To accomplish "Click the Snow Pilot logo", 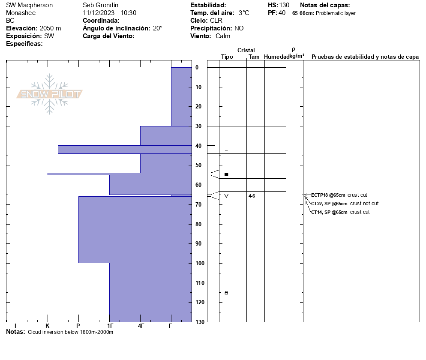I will click(x=50, y=94).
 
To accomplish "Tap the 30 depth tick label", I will click(x=199, y=126).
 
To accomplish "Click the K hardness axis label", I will click(x=48, y=326).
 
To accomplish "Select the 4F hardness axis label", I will click(x=141, y=326).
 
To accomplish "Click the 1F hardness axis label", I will click(x=110, y=326).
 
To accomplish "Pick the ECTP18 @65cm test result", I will click(x=328, y=195).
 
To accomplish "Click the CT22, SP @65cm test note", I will click(x=329, y=204).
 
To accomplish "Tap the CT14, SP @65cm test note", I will click(x=329, y=212).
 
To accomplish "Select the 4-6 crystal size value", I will click(x=252, y=196).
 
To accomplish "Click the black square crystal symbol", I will click(x=226, y=174).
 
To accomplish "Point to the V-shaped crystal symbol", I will click(x=226, y=196).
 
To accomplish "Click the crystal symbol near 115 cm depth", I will click(x=226, y=293).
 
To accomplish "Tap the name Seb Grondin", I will click(x=100, y=5).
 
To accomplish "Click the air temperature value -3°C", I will click(x=243, y=13).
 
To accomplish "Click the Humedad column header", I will click(x=276, y=57).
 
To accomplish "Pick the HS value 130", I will click(x=284, y=5).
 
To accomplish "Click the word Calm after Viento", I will click(x=223, y=36).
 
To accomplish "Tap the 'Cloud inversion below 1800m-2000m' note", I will click(x=70, y=332).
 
